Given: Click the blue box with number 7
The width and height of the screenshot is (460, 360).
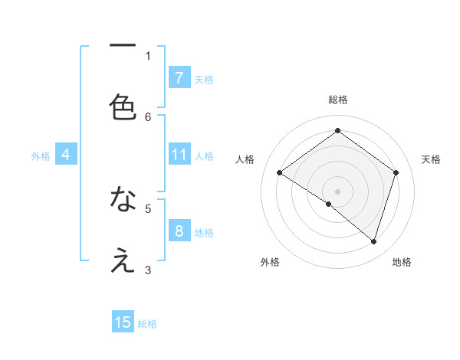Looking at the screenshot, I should (179, 77).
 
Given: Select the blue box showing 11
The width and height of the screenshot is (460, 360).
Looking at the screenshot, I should (179, 155).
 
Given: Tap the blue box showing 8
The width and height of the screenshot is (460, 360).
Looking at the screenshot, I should (179, 231).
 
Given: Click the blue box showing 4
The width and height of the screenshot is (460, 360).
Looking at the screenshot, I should (65, 155).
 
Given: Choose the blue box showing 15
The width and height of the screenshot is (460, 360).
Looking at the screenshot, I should (123, 322).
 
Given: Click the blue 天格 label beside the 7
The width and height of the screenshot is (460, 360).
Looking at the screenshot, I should (204, 79).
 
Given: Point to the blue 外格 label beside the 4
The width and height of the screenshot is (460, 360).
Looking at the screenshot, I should (41, 156).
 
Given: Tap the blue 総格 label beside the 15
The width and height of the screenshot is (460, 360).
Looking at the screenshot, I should (147, 324).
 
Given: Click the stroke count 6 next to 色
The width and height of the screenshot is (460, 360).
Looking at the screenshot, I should (148, 116).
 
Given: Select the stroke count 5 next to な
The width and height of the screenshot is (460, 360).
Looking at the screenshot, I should (148, 208).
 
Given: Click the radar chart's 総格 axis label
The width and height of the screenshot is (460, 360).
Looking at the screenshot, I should (338, 100).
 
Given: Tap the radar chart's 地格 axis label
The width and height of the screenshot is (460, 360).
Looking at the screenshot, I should (402, 262).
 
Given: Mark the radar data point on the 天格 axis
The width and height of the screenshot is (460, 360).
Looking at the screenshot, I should (396, 173).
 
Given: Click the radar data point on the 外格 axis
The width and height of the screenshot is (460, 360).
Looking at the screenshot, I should (329, 204).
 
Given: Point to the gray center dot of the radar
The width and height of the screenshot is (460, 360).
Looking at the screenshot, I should (337, 191).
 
